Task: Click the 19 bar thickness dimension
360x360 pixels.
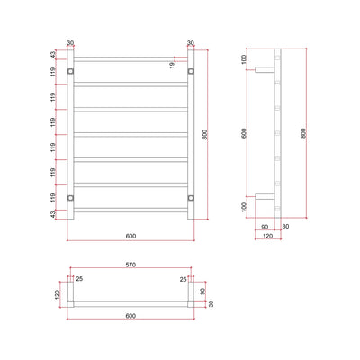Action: point(171,65)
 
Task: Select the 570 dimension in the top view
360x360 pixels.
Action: point(130,267)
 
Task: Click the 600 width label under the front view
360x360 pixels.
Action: point(130,236)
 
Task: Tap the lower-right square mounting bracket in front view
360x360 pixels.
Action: point(190,198)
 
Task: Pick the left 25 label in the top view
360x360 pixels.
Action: point(79,278)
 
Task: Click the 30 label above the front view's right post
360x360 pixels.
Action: point(190,41)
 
